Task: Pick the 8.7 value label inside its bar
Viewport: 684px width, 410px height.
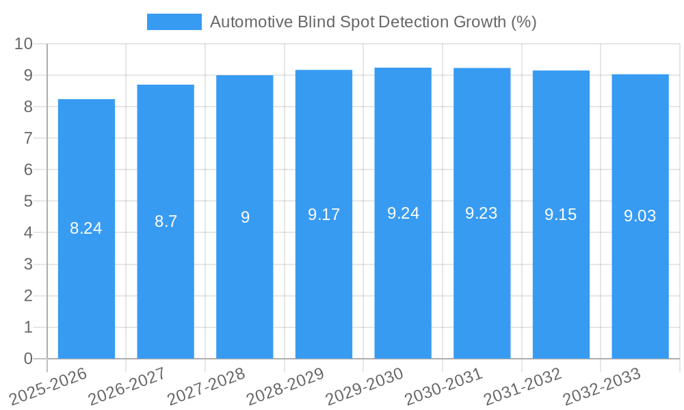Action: (166, 221)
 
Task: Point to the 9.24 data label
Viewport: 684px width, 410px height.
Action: (403, 213)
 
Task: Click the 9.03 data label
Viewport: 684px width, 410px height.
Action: (640, 216)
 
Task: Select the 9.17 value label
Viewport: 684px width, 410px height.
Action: (324, 215)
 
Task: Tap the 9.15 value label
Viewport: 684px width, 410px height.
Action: (561, 215)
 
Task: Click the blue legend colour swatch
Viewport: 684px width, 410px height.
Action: (174, 22)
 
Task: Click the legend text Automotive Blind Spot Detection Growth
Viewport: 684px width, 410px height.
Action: (373, 22)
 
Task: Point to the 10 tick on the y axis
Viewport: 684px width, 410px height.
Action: (24, 44)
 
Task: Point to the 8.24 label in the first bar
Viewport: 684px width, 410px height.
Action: (86, 228)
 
